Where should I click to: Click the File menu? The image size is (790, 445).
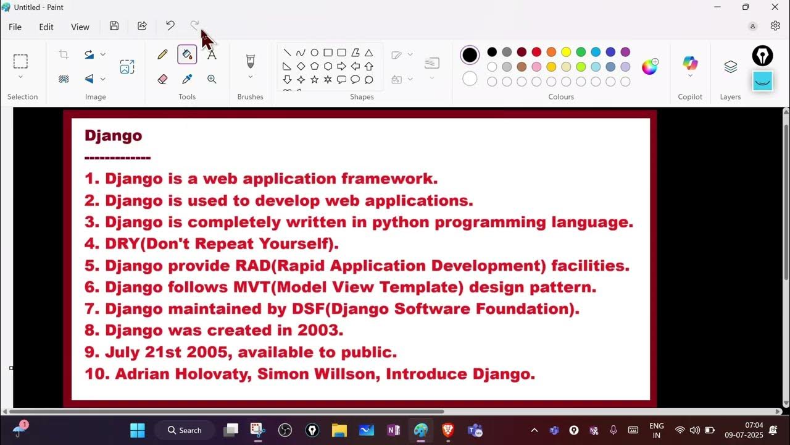pos(15,27)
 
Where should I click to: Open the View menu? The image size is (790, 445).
pos(80,27)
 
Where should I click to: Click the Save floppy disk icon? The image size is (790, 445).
pos(114,26)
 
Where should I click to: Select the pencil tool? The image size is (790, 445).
pos(162,54)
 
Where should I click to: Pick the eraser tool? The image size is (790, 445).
pos(162,79)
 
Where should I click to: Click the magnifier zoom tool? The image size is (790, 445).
pos(212,79)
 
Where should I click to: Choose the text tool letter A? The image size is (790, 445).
pos(212,54)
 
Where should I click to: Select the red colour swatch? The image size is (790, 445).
pos(536,52)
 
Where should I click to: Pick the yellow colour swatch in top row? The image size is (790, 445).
pos(566,52)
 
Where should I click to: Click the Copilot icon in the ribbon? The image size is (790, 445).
pos(690,63)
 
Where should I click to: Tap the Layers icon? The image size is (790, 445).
pos(730,67)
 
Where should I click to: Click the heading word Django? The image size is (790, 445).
pos(113,135)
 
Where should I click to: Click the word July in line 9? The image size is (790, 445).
pos(122,352)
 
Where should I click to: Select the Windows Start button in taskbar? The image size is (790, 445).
pos(138,430)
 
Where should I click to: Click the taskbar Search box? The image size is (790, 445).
pos(185,430)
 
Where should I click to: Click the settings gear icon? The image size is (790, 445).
pos(775,26)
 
